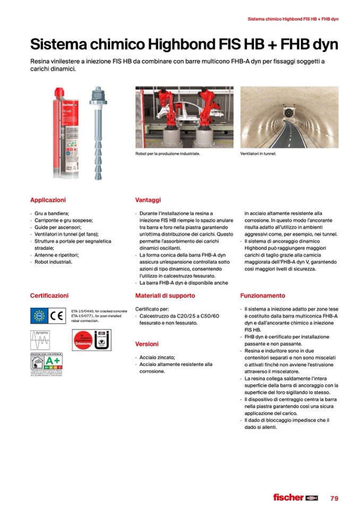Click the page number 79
click(334, 498)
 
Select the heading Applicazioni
click(48, 200)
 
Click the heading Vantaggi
click(148, 200)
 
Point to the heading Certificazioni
click(49, 295)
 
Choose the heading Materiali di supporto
click(165, 296)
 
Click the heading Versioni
click(147, 344)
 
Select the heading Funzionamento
click(262, 296)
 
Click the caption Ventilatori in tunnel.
click(259, 154)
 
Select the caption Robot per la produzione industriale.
click(167, 154)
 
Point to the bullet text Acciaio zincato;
click(157, 357)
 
